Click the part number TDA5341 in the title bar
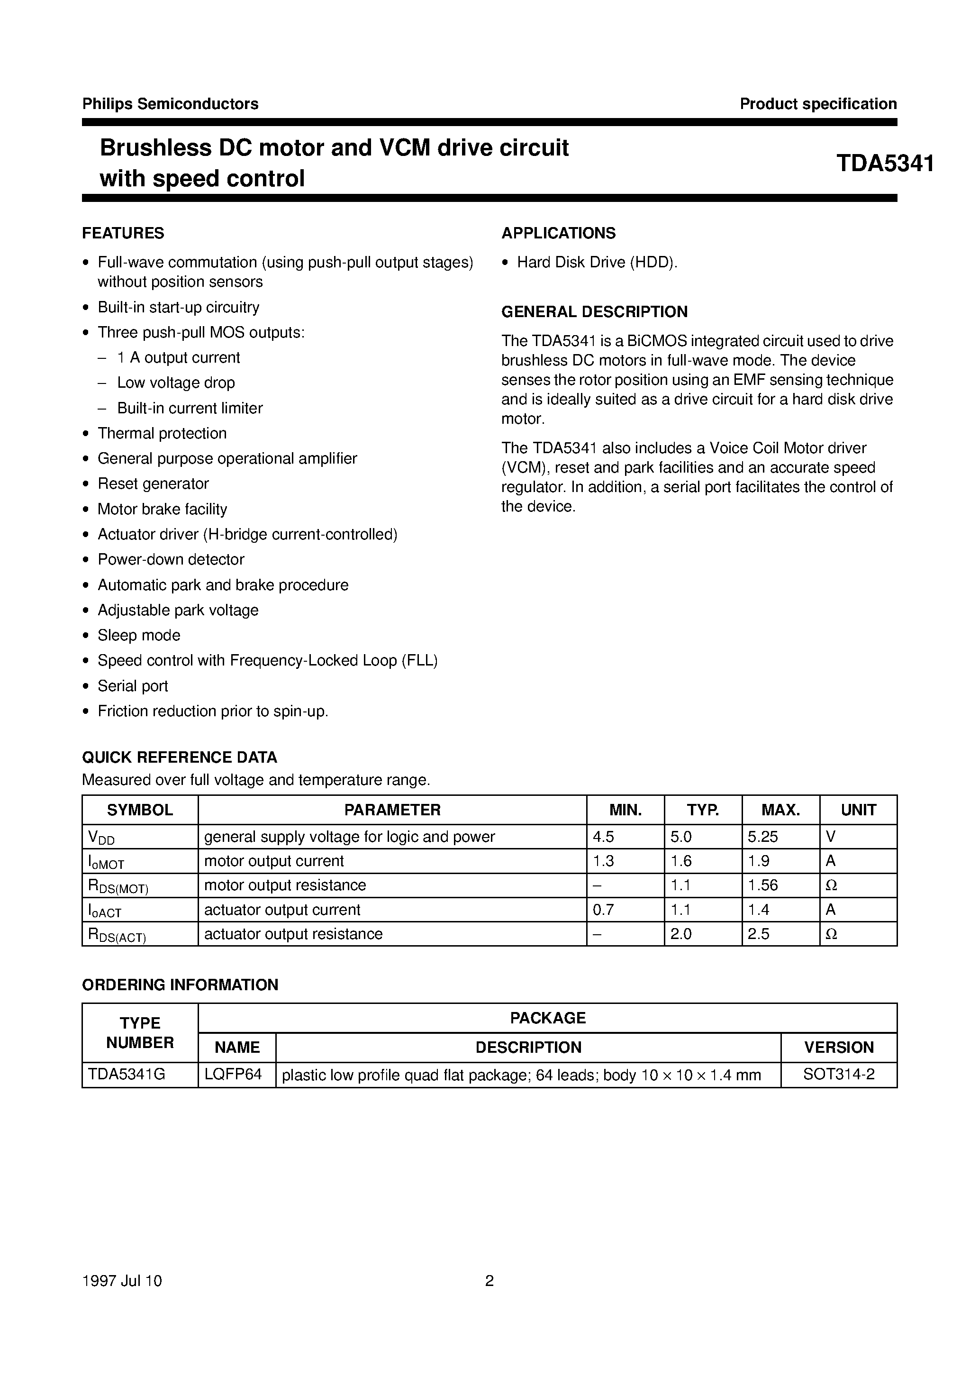coord(885,164)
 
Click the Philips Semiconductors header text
coord(170,104)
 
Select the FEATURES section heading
coord(123,233)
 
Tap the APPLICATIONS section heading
coord(558,233)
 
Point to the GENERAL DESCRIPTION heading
coord(595,311)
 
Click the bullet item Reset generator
coord(154,483)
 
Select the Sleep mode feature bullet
coord(139,635)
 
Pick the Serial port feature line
coord(133,686)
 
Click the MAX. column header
coord(780,810)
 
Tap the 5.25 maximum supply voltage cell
coord(763,837)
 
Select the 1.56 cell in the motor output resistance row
coord(763,885)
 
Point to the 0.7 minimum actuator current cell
coord(604,910)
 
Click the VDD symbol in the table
coord(101,837)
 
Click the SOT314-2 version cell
coord(839,1075)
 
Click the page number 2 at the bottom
coord(489,1280)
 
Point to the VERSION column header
coord(839,1048)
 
